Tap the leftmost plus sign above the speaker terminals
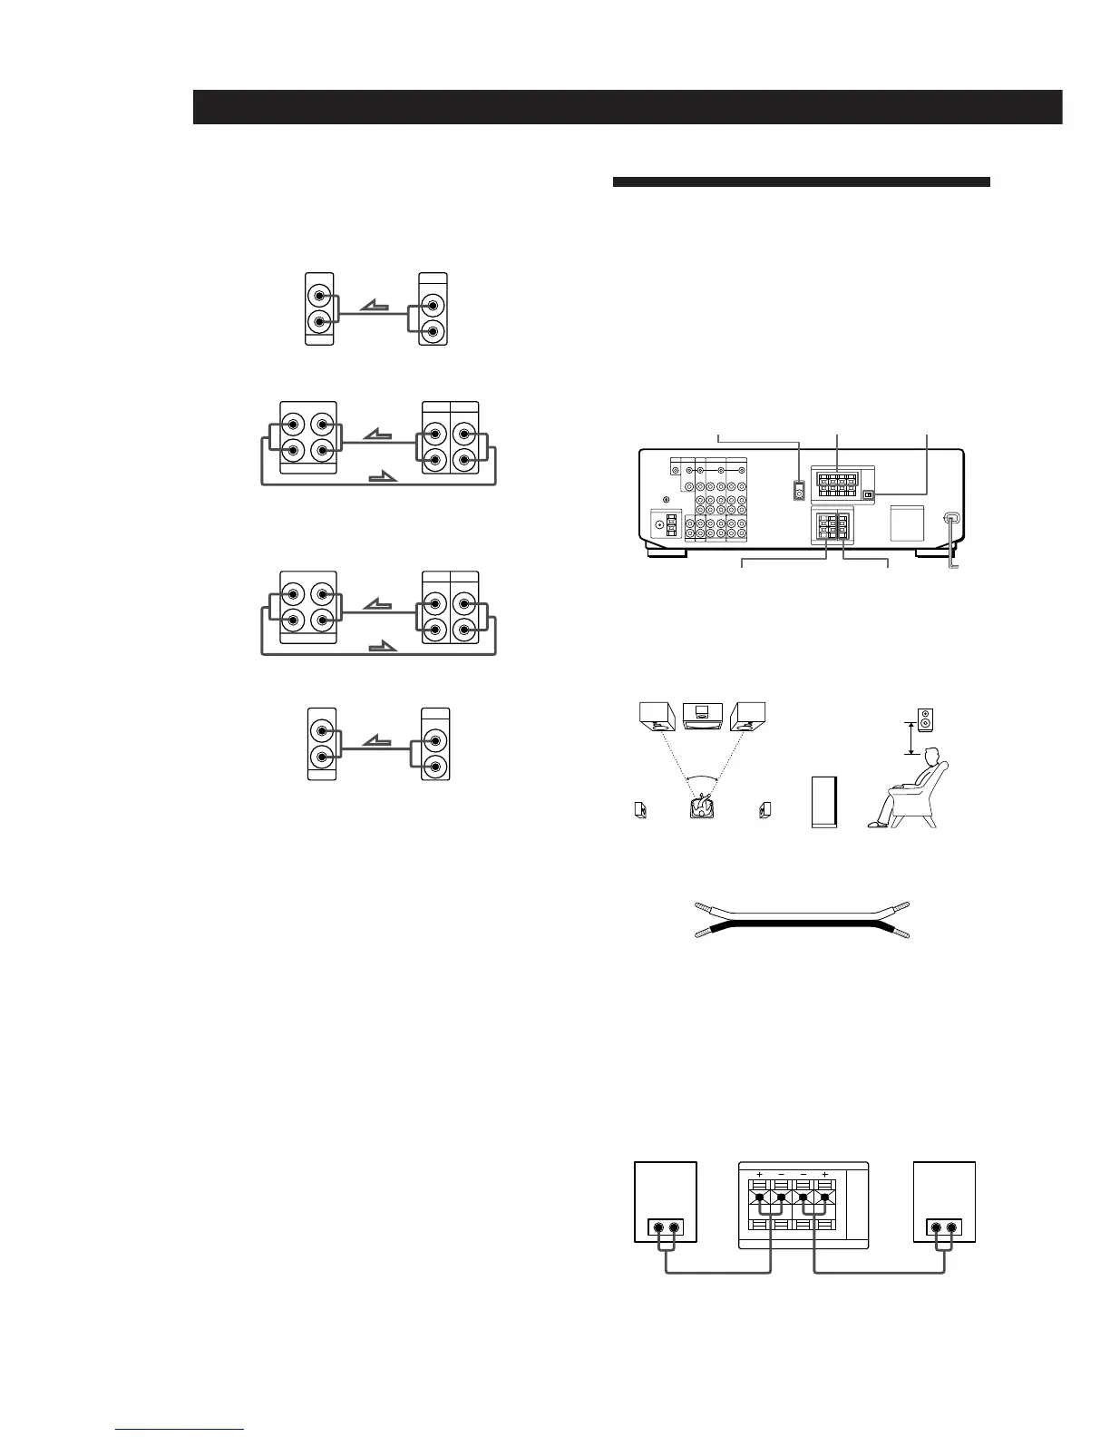[759, 1175]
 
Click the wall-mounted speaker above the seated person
[924, 719]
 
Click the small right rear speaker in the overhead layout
[766, 809]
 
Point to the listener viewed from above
[703, 806]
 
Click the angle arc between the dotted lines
[703, 777]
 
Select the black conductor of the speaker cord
[802, 926]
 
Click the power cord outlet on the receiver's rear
[950, 520]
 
